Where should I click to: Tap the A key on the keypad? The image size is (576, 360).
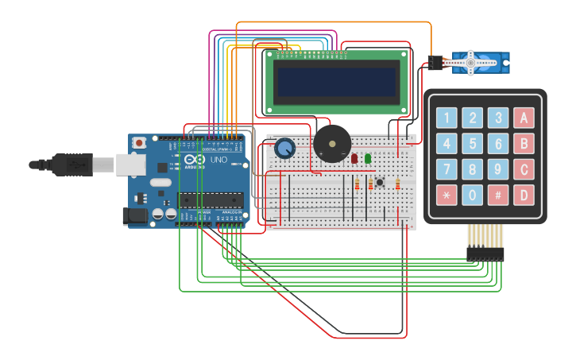(x=524, y=118)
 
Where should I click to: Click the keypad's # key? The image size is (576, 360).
(x=498, y=195)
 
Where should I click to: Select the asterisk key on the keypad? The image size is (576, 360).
(x=446, y=195)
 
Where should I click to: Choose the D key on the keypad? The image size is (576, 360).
(x=524, y=195)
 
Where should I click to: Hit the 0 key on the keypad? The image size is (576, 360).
(x=473, y=195)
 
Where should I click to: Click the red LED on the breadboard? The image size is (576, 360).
(x=354, y=158)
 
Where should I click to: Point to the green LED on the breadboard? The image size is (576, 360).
(x=368, y=158)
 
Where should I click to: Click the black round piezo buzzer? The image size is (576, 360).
(x=331, y=144)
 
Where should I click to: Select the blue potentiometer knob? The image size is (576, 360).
(x=284, y=148)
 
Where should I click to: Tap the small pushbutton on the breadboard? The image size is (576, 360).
(x=380, y=183)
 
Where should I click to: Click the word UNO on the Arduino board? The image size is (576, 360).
(x=218, y=160)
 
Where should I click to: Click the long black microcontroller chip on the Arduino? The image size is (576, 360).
(x=211, y=199)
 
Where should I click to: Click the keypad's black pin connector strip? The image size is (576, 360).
(x=485, y=254)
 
